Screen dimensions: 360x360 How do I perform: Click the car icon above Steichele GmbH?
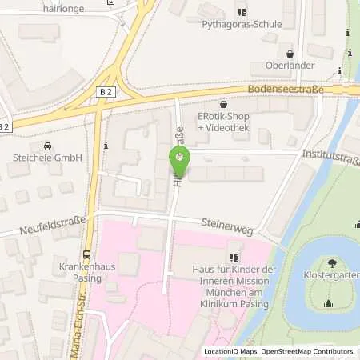(x=48, y=146)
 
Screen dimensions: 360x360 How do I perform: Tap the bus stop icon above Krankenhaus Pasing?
(x=86, y=254)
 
